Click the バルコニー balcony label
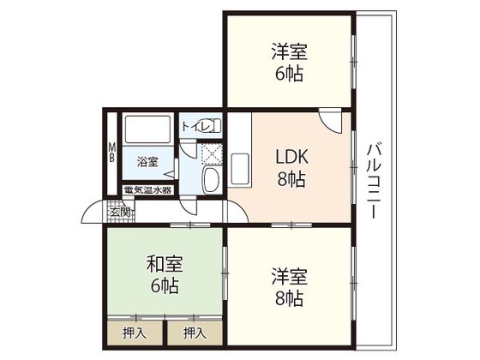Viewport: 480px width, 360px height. tap(374, 179)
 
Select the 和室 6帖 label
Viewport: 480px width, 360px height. tap(163, 274)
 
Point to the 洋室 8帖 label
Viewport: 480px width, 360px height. tap(287, 287)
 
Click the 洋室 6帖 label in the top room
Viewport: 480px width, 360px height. tap(289, 62)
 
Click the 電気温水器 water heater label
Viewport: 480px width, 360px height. tap(147, 190)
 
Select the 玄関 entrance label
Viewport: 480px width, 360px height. tap(120, 211)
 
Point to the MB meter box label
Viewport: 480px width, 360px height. tap(111, 153)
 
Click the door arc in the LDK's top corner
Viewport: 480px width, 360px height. tap(327, 121)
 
